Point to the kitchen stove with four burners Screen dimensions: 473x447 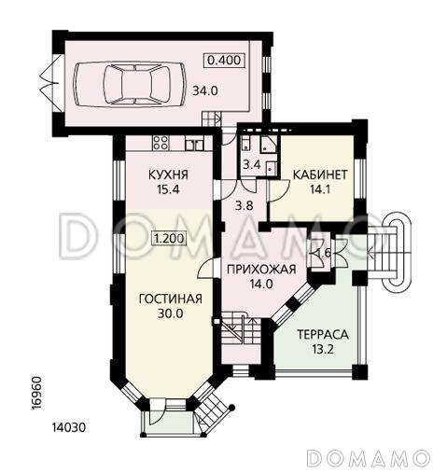pos(159,144)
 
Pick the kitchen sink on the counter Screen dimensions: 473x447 pos(195,144)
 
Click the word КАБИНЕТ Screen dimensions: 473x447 pos(321,174)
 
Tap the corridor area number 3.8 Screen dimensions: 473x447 pos(244,206)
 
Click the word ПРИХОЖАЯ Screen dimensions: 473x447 pos(261,270)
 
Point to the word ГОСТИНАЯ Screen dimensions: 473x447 pos(170,299)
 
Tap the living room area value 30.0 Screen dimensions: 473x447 pos(171,314)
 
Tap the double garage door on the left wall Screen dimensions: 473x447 pos(45,81)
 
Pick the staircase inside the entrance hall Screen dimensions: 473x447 pos(240,331)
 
